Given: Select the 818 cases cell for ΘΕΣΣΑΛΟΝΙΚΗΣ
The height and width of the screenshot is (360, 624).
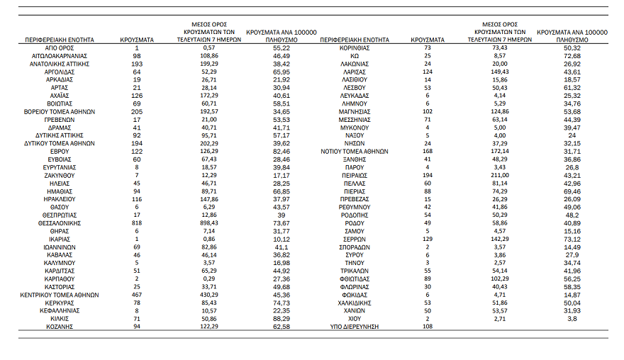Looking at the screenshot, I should (136, 223).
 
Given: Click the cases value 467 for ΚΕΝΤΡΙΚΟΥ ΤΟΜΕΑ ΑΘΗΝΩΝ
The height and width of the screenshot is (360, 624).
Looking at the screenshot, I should (136, 294).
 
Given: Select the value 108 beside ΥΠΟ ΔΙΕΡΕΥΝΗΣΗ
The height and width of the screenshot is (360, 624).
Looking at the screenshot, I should (427, 326).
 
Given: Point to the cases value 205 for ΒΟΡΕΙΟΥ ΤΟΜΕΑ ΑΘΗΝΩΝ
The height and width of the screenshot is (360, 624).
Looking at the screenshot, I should (136, 111).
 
